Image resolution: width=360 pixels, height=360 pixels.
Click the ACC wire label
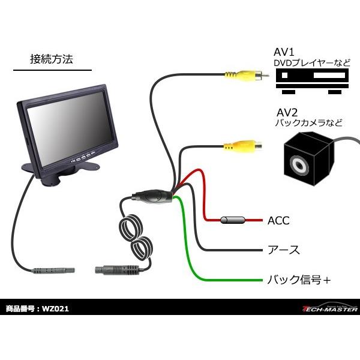pyautogui.click(x=278, y=221)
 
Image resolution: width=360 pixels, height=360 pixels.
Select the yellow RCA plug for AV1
pyautogui.click(x=241, y=76)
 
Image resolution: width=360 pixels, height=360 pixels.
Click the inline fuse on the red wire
pyautogui.click(x=234, y=221)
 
